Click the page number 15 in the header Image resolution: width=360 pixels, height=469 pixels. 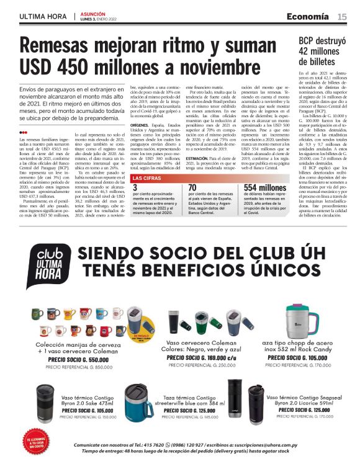(x=342, y=16)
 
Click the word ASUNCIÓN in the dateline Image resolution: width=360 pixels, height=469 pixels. (x=92, y=14)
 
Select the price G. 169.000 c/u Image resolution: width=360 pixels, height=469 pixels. (x=211, y=357)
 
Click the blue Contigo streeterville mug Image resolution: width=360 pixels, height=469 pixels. (x=139, y=398)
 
